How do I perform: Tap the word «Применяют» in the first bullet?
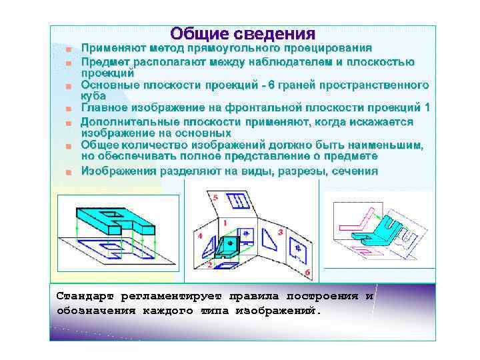pos(114,48)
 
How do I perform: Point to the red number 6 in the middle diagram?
pos(307,273)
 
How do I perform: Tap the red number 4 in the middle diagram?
pos(200,236)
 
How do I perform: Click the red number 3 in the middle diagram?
pos(280,231)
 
